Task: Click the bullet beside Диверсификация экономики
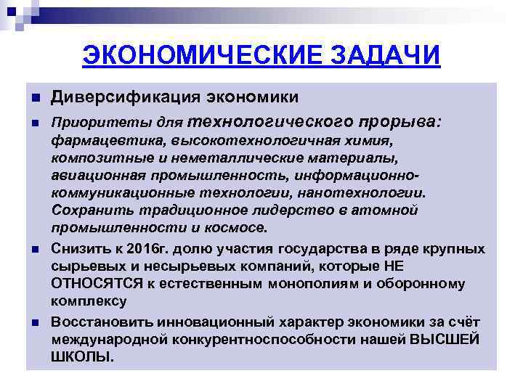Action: pos(34,98)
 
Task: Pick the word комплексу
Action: pos(89,301)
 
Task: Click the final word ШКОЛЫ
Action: pos(82,357)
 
